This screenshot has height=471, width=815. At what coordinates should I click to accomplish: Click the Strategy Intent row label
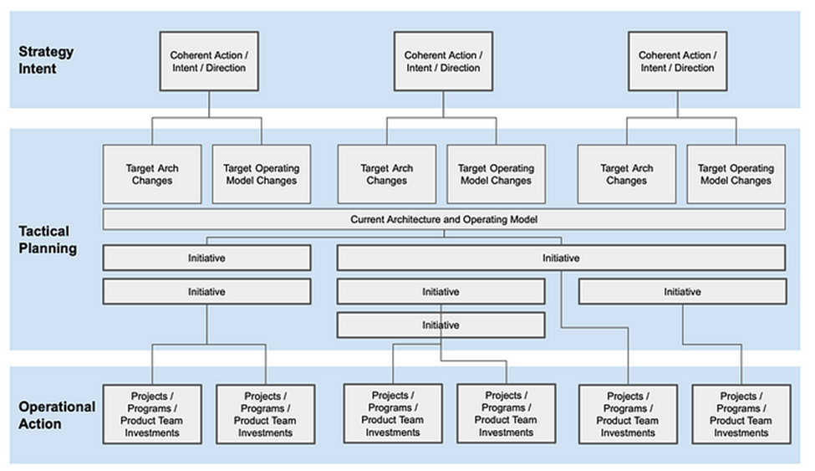click(46, 59)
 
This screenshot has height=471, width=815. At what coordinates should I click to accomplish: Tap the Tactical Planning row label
click(48, 239)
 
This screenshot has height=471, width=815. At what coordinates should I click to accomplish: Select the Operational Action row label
click(57, 415)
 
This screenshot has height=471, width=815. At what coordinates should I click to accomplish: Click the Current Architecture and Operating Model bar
click(444, 219)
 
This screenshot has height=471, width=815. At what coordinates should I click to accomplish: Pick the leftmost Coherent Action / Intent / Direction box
click(208, 62)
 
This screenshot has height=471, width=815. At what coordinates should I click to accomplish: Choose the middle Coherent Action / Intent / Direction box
click(442, 62)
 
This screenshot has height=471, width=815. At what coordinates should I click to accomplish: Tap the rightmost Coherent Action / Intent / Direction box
click(676, 62)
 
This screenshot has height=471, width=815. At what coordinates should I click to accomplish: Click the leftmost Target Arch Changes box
click(152, 174)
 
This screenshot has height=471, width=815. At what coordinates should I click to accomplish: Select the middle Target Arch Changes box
click(386, 174)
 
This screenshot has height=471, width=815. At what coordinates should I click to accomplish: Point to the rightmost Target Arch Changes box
click(626, 174)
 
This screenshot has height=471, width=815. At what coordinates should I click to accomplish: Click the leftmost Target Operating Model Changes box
click(262, 174)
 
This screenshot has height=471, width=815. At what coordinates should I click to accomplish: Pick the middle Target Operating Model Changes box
click(496, 174)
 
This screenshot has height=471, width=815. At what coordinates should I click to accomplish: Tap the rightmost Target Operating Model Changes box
click(736, 174)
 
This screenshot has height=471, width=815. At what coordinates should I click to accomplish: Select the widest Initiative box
click(560, 258)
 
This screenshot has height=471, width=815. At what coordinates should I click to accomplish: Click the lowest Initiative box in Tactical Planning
click(441, 325)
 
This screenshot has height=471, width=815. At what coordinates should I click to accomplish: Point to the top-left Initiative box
click(206, 258)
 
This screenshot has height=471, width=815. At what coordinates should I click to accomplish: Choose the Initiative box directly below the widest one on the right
click(682, 291)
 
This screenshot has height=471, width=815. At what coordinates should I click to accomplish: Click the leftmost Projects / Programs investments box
click(152, 414)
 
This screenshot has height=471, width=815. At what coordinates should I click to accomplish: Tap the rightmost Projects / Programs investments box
click(741, 414)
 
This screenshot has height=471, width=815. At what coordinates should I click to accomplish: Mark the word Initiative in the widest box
click(560, 258)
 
